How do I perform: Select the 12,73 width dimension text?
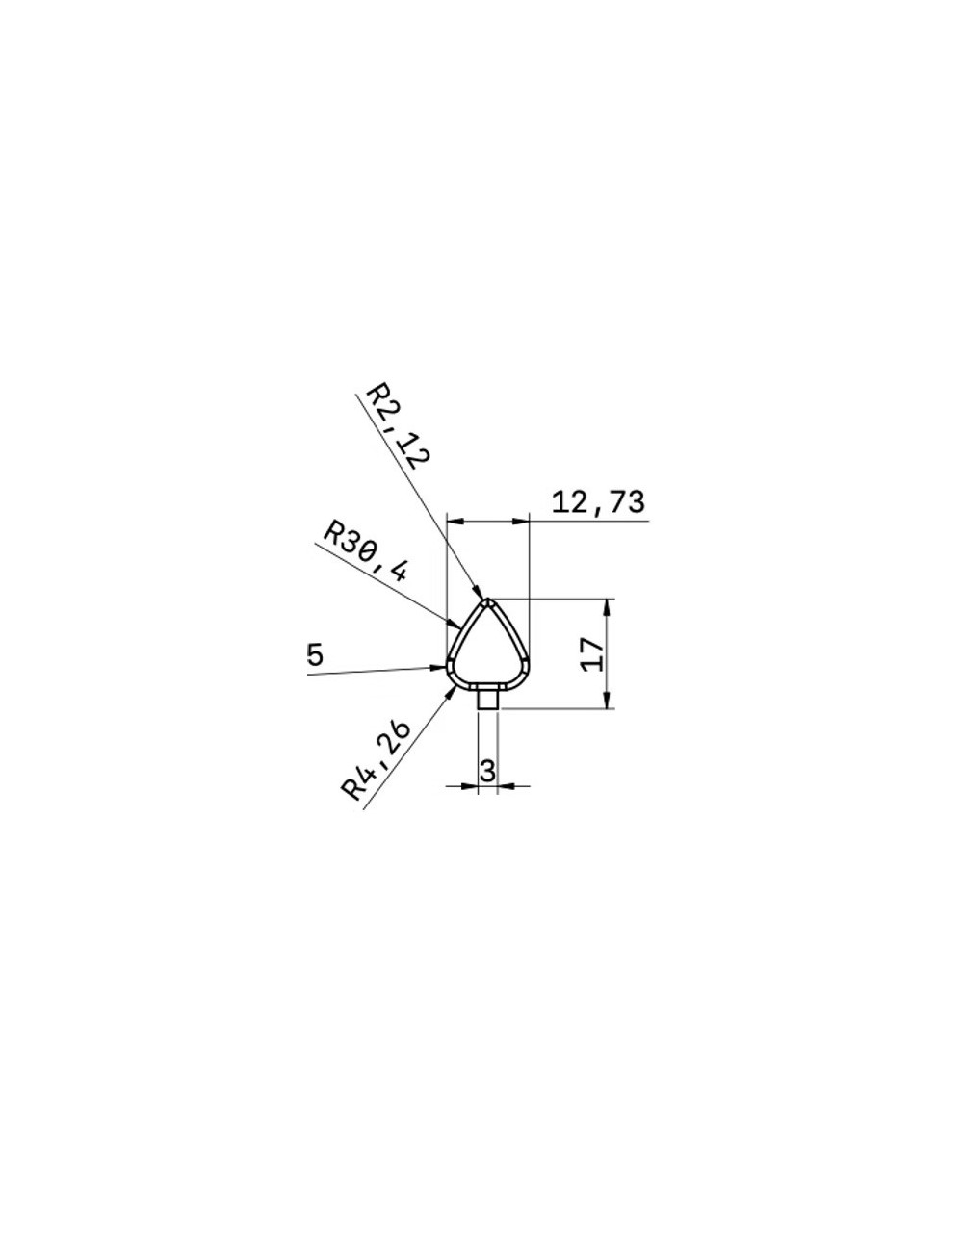click(x=597, y=502)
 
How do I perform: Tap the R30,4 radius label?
click(x=366, y=551)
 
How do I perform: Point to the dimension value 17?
click(x=593, y=653)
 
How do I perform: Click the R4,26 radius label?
click(x=376, y=760)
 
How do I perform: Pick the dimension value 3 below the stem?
click(x=487, y=770)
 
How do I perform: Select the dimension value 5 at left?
click(x=315, y=655)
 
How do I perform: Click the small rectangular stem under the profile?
click(x=488, y=698)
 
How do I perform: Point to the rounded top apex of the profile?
click(x=488, y=602)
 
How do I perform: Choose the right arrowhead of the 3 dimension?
click(x=506, y=786)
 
